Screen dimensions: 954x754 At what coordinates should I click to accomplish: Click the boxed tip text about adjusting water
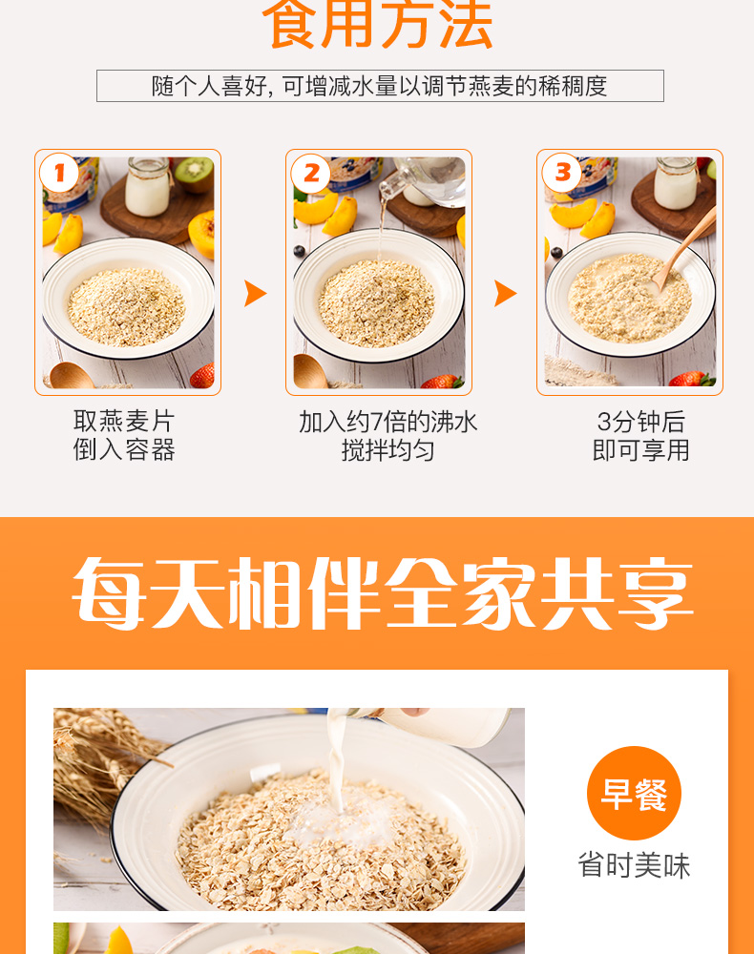[x=380, y=86]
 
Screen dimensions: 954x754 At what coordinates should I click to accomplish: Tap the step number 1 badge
[x=59, y=175]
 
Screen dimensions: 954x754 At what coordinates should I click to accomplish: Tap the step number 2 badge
[x=311, y=175]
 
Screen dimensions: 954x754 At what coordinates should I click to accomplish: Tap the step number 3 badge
[x=561, y=174]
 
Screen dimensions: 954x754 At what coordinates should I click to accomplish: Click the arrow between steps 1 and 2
[x=255, y=294]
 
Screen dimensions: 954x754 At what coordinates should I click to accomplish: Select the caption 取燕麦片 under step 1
[x=124, y=421]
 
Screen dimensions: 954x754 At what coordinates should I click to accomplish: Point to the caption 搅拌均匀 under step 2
[x=387, y=450]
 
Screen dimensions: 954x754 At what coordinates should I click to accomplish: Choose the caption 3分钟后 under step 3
[x=641, y=422]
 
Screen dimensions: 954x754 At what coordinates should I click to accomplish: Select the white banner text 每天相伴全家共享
[x=382, y=593]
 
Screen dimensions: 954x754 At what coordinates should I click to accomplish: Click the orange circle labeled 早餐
[x=634, y=794]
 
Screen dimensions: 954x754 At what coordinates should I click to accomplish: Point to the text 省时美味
[x=634, y=865]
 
